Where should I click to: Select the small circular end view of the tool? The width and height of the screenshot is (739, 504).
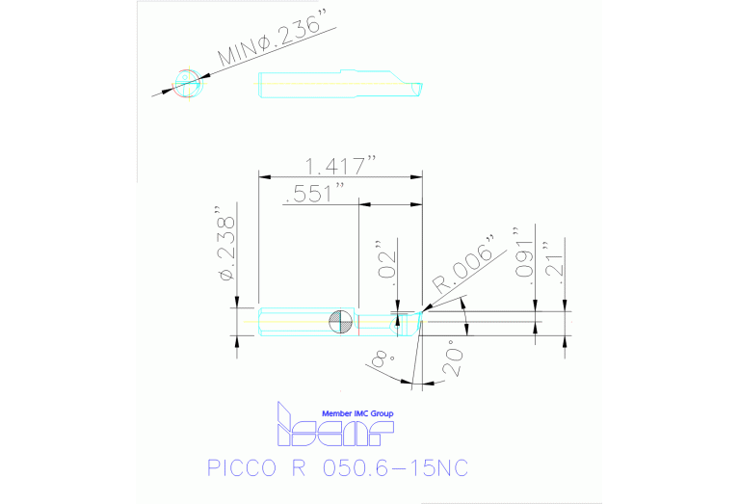pos(188,83)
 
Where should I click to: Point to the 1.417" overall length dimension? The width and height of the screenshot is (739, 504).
pos(341,163)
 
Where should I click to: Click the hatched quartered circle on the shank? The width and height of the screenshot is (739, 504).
pos(339,322)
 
